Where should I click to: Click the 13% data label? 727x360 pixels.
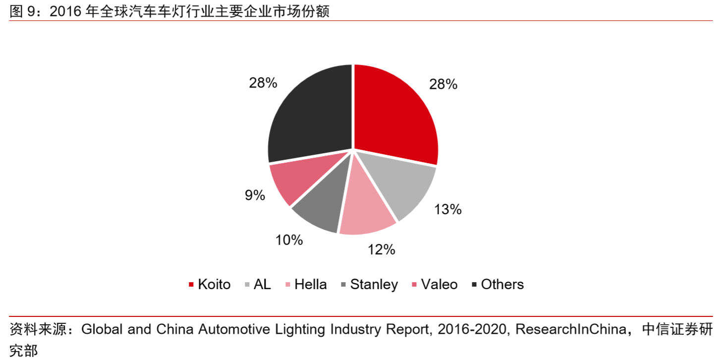(x=447, y=210)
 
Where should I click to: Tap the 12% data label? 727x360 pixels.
(x=381, y=249)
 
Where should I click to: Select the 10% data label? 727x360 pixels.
(x=289, y=240)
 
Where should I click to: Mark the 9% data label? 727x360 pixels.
(x=255, y=195)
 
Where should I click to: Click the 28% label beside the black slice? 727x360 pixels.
(x=263, y=83)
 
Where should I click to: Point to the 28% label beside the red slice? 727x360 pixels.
(x=443, y=84)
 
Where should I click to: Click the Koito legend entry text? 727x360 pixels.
(x=214, y=285)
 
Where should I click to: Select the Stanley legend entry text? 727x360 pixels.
(x=374, y=285)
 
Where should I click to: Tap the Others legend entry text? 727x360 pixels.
(x=502, y=285)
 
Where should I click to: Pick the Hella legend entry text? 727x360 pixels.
(x=310, y=285)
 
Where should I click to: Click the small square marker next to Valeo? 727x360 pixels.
(x=415, y=285)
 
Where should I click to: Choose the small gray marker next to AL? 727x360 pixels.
(x=247, y=285)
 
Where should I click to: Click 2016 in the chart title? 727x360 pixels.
(x=66, y=12)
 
